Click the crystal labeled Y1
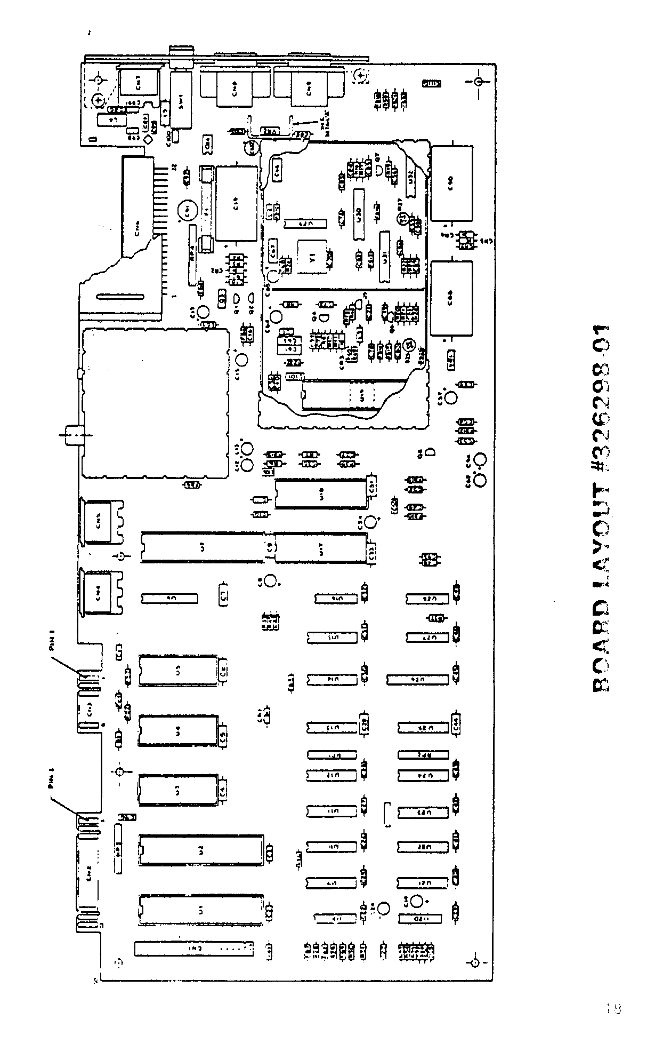point(312,257)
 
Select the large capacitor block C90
point(451,184)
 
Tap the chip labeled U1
point(200,911)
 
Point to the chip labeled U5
point(178,671)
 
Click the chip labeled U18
point(320,494)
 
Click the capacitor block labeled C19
point(237,203)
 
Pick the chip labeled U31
point(385,257)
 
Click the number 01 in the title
point(601,341)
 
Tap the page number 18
point(614,1008)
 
